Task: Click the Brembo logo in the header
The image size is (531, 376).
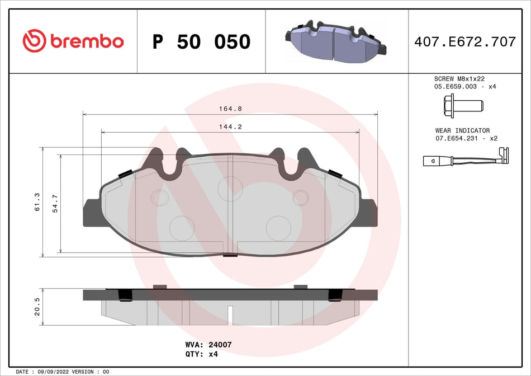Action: [x=73, y=41]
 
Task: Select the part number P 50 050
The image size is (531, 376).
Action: [x=201, y=42]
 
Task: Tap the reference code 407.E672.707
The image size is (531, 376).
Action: [x=464, y=41]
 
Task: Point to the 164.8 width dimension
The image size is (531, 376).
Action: [x=230, y=109]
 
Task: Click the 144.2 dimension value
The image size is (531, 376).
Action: [x=230, y=127]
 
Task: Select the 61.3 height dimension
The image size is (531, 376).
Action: [x=37, y=202]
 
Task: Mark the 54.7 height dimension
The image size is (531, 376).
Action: [x=55, y=202]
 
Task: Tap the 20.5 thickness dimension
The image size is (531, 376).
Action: [x=37, y=307]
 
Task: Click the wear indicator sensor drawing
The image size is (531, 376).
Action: [x=465, y=160]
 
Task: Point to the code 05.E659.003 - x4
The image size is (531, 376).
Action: [x=465, y=87]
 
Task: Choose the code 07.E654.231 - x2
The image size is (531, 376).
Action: [x=466, y=138]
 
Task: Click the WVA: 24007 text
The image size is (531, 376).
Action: [x=208, y=345]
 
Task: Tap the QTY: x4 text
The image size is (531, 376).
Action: [x=201, y=354]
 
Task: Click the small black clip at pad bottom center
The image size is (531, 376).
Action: [x=230, y=256]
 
